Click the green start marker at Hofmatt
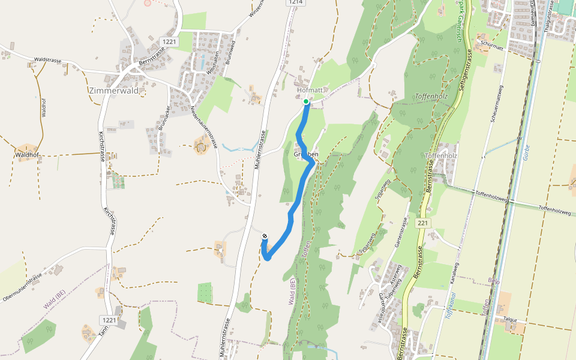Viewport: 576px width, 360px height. (x=306, y=101)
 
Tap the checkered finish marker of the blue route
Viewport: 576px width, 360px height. (x=265, y=236)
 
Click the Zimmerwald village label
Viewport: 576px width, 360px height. (x=113, y=91)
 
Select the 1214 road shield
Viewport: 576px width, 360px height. (x=295, y=2)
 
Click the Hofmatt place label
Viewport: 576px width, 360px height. (x=310, y=90)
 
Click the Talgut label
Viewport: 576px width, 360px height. (x=511, y=320)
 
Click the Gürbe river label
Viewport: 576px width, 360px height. (x=526, y=151)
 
